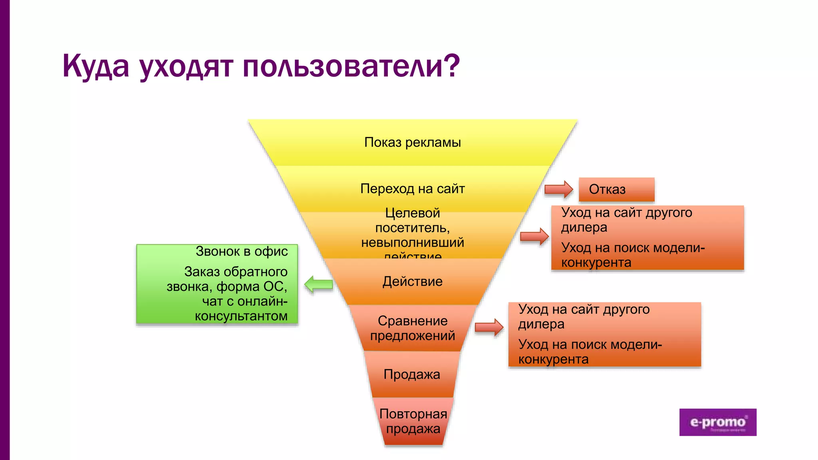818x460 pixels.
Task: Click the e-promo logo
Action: click(718, 422)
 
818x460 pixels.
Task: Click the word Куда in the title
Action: click(96, 66)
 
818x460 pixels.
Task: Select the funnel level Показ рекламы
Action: click(413, 143)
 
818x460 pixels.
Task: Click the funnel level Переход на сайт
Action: click(413, 189)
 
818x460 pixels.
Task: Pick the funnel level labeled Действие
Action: click(413, 282)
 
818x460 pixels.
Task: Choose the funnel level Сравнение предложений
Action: click(413, 328)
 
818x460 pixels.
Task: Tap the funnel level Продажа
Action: click(412, 375)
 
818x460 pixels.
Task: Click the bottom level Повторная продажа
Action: click(413, 421)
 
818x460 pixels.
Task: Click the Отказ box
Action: click(616, 189)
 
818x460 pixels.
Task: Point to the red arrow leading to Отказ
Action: click(559, 189)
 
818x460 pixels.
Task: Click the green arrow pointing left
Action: click(318, 285)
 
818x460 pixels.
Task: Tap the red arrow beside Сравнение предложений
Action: click(489, 327)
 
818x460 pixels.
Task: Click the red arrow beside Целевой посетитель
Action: click(534, 236)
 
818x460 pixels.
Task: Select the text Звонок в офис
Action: click(242, 252)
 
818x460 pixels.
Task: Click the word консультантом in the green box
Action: click(241, 316)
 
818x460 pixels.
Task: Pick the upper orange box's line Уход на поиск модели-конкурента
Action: click(633, 255)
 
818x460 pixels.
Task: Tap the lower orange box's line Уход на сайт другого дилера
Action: click(584, 317)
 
